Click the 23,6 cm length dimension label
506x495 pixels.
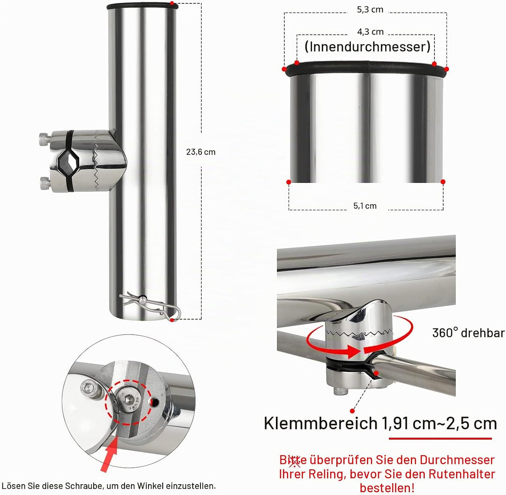pos(201,152)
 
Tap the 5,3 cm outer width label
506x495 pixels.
pos(370,9)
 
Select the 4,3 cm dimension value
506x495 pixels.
pos(370,32)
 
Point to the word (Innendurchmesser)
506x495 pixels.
pos(368,47)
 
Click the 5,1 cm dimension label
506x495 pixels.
pos(365,206)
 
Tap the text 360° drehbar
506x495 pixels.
pos(469,333)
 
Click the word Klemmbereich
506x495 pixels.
pos(320,423)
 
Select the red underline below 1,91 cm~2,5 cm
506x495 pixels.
pos(440,438)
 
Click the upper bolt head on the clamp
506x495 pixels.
pos(45,139)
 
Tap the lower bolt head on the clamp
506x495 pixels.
pos(45,183)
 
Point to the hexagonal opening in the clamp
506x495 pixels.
pos(68,161)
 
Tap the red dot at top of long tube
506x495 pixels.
pos(172,4)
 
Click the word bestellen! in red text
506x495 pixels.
pos(387,488)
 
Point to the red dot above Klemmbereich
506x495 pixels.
pos(352,411)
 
